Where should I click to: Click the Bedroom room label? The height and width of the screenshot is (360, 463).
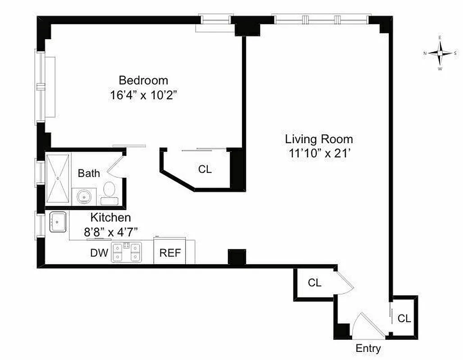point(143,81)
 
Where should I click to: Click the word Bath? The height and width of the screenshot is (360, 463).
point(89,173)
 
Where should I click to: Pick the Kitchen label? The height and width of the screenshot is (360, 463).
point(111,218)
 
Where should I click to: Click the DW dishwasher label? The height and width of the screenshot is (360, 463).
point(99,253)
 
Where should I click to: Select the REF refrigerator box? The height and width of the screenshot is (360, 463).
point(170,252)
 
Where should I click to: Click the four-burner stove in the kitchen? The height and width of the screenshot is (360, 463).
point(127,252)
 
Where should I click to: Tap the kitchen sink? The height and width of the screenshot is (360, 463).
point(58,222)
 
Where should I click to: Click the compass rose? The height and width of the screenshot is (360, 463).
point(440,53)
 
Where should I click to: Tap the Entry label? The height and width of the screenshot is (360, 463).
point(368,348)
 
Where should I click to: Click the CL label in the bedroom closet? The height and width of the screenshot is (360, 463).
point(205,170)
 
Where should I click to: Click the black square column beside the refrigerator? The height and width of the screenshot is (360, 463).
point(237,257)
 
